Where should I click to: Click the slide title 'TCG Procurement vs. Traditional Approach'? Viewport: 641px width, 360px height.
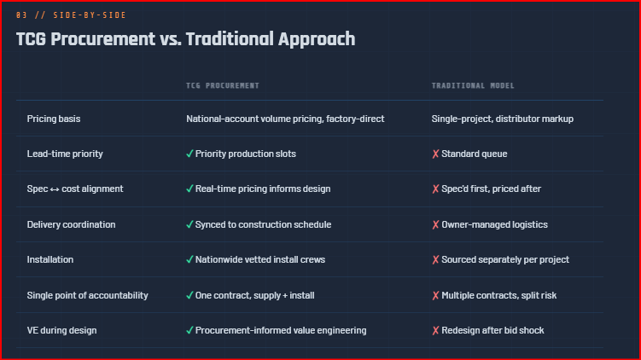click(185, 39)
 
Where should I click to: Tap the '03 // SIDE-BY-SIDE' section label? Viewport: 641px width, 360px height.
click(71, 15)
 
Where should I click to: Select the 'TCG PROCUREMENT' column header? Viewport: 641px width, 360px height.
click(223, 85)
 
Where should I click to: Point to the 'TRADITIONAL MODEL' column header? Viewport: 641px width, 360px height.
click(473, 85)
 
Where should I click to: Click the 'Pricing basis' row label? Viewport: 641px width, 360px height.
click(54, 119)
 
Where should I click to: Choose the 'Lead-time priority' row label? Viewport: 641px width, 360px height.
click(65, 154)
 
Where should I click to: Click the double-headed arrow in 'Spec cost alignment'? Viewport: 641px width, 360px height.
click(55, 189)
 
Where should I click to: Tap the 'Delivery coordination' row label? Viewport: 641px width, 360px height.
click(71, 224)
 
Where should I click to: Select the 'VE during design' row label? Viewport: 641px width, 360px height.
click(61, 331)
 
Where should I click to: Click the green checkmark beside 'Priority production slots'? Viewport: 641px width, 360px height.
click(189, 154)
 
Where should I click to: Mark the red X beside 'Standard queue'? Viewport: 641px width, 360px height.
click(435, 154)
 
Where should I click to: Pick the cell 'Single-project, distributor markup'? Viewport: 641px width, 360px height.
click(503, 119)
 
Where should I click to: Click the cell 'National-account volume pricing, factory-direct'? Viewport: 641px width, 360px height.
click(285, 119)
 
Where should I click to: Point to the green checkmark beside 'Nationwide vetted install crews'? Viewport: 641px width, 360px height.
click(189, 259)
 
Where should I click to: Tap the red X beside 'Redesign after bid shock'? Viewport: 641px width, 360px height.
click(435, 330)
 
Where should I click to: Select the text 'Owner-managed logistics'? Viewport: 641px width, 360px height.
click(495, 224)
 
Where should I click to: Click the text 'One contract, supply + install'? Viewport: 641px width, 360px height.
click(254, 295)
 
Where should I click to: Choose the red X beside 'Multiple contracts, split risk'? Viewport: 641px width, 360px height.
click(435, 295)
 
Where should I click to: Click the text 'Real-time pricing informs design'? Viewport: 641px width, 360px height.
click(263, 189)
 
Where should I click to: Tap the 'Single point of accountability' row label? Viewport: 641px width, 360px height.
click(87, 295)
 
